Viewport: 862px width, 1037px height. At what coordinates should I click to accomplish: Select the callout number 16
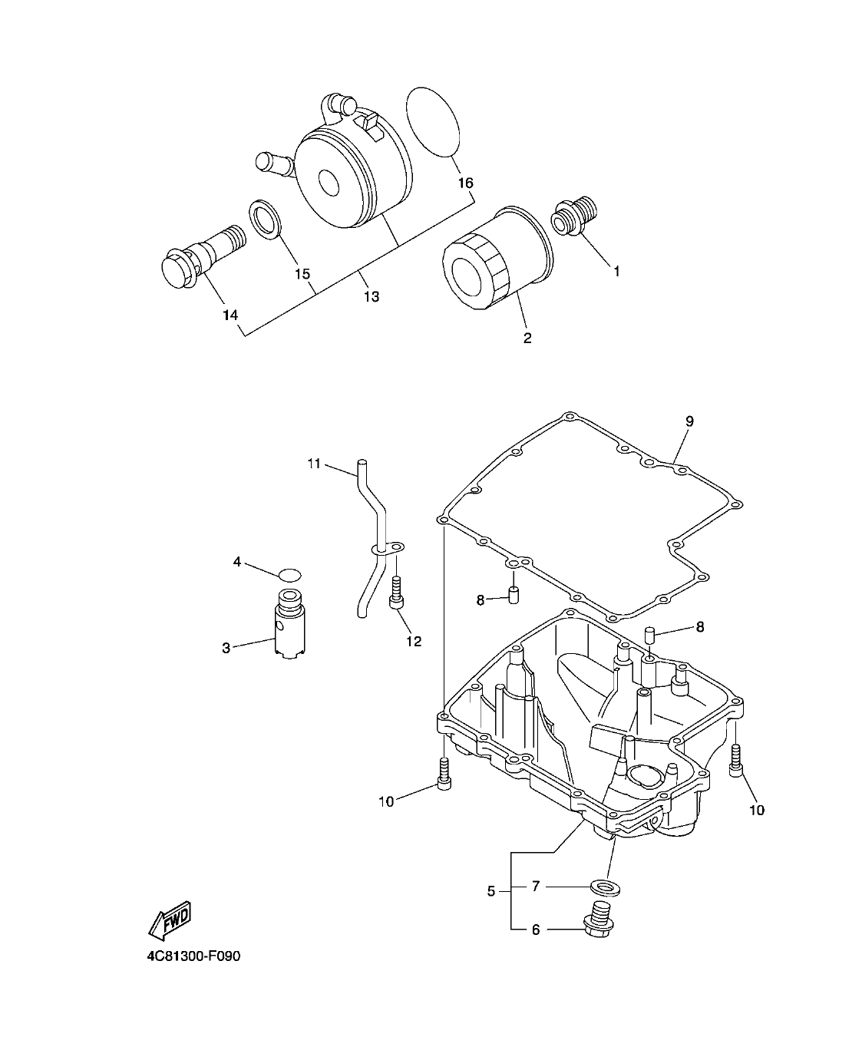pos(465,183)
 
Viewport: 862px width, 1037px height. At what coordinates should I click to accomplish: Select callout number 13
pos(371,296)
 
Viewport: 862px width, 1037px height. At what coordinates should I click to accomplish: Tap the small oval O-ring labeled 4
pos(289,573)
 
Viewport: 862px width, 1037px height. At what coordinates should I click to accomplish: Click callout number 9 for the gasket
pos(689,421)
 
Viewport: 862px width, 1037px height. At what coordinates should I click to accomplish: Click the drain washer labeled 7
pos(606,887)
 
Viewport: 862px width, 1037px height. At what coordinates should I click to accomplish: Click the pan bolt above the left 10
pos(444,771)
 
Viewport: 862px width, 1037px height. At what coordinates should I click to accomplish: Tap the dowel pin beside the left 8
pos(513,595)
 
